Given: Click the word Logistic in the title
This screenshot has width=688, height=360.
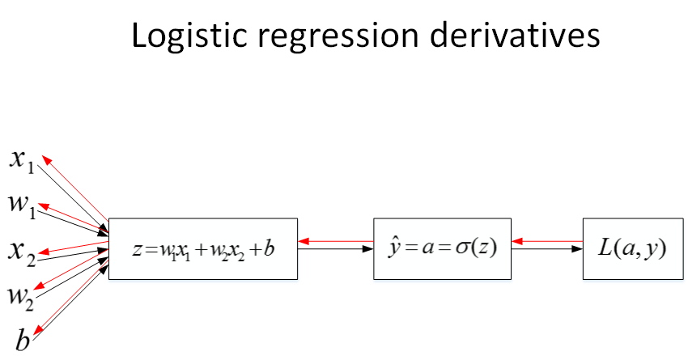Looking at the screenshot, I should [x=187, y=36].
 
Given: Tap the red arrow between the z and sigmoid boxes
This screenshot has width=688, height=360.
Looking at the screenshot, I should [x=335, y=240].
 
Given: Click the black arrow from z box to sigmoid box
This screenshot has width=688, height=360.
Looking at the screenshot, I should [x=335, y=250].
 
